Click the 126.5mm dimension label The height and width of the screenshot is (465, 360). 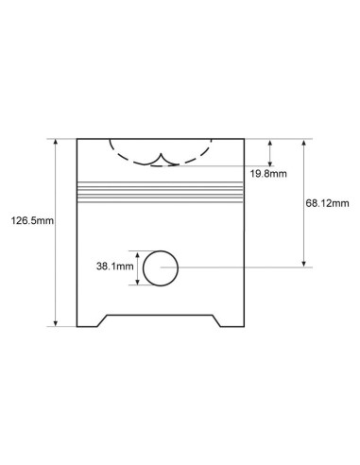coord(32,220)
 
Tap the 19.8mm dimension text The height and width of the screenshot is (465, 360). coord(268,174)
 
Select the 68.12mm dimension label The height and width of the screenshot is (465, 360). coord(327,203)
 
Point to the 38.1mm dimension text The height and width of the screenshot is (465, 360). coord(115,267)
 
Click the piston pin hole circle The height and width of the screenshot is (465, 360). coord(161,250)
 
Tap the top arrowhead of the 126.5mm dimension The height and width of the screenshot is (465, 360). coord(56,142)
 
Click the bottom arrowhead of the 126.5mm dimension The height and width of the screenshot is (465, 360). coord(56,323)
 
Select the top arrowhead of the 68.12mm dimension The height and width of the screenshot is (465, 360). coord(304,142)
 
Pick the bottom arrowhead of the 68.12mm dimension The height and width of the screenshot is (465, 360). coord(304,264)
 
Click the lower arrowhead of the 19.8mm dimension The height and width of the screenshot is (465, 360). coord(270,164)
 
